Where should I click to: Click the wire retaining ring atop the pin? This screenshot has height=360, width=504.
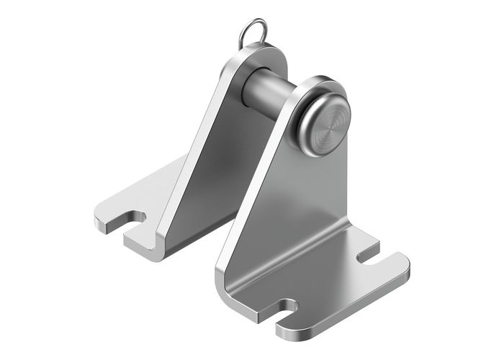(x=254, y=32)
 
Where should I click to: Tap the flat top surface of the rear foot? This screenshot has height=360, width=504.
(x=144, y=194)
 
